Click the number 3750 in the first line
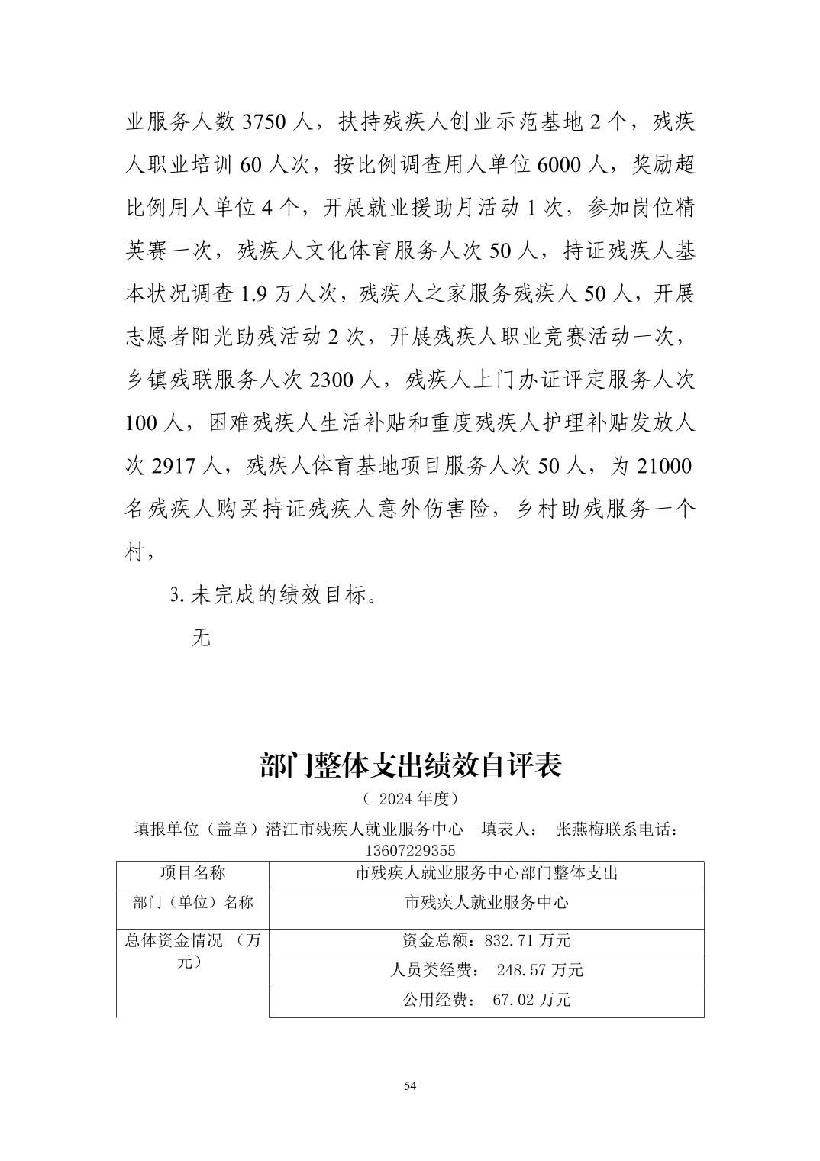coord(263,122)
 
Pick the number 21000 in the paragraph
coord(663,466)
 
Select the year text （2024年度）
coord(410,800)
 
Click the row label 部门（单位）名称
coord(192,903)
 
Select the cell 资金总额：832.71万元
coord(486,941)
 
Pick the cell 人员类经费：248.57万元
coord(486,971)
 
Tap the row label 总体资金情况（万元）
coord(192,952)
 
